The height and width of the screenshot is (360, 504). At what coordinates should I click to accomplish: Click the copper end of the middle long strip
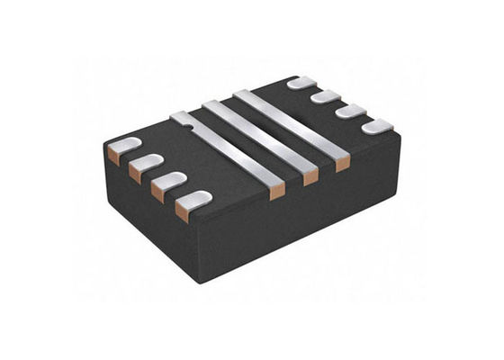point(310,177)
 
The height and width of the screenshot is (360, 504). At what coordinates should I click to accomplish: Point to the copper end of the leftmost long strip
point(277,190)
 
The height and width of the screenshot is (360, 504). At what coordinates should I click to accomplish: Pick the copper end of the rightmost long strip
point(342,164)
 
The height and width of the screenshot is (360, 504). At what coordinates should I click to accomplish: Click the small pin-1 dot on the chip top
point(190,128)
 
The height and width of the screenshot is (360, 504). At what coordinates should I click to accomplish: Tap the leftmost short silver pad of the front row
point(125,144)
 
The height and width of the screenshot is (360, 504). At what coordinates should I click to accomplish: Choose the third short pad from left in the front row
point(169,179)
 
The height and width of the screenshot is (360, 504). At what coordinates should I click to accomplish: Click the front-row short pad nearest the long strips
point(193,199)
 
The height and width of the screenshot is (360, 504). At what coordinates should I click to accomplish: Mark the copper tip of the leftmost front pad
point(113,155)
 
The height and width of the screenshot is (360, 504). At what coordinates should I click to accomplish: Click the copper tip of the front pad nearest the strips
point(183,212)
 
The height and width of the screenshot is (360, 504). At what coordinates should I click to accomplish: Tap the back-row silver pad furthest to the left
point(301,83)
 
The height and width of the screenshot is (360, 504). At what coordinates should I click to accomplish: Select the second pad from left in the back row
point(325,96)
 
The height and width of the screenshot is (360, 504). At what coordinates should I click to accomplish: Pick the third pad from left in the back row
point(350,111)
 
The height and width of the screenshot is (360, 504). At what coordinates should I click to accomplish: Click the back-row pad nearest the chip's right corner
point(377,126)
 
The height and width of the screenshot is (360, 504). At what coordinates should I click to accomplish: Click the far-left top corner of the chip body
point(104,144)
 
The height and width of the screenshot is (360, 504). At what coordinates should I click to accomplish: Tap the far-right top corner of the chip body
point(399,131)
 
